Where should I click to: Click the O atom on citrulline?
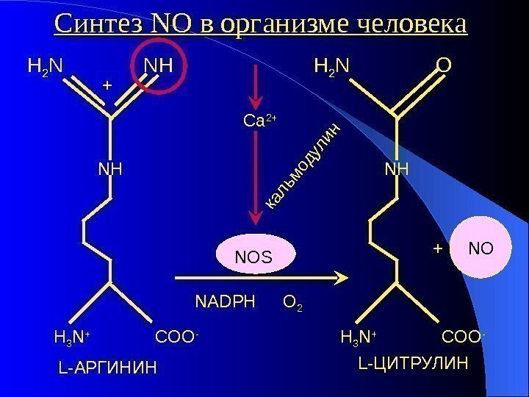tap(443, 67)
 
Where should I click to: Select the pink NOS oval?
tap(253, 257)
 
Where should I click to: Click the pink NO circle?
tap(481, 249)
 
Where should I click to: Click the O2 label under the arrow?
tap(293, 302)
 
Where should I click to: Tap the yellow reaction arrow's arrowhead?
tap(339, 278)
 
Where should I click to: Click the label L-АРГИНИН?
tap(107, 365)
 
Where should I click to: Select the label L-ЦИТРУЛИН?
tap(413, 363)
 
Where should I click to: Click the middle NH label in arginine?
tap(109, 171)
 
